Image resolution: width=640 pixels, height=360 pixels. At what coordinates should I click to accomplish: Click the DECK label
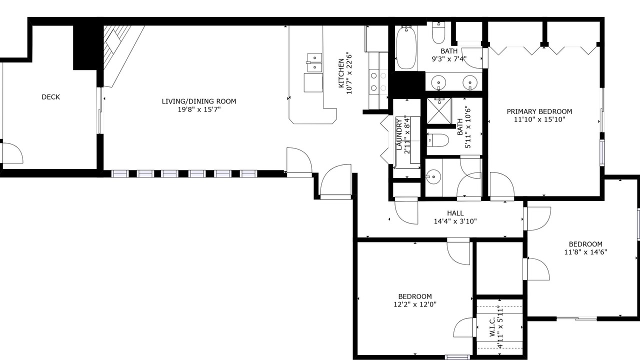tap(51, 97)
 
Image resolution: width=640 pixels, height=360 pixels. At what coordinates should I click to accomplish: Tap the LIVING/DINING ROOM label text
tap(199, 101)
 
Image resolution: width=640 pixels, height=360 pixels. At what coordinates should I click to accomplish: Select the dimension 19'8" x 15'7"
tap(199, 109)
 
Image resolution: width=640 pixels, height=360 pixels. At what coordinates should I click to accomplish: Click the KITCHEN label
tap(341, 73)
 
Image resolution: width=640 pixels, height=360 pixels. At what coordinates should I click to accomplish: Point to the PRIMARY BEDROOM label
tap(539, 111)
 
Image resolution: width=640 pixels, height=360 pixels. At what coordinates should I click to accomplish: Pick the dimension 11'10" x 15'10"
tap(539, 119)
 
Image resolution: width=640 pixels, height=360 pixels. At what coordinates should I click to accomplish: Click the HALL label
tap(455, 213)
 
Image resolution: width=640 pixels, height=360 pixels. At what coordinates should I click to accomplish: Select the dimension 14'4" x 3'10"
tap(455, 221)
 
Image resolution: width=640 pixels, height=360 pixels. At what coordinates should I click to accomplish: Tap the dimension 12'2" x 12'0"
tap(415, 304)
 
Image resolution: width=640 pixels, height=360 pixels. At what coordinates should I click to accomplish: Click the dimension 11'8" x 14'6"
tap(585, 252)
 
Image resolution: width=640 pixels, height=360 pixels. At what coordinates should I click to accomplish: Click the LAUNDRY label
tap(399, 134)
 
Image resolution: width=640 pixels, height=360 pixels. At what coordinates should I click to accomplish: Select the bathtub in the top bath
tap(406, 47)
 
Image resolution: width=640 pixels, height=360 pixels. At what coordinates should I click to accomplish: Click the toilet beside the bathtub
tap(438, 32)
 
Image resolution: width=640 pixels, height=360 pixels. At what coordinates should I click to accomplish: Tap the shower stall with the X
tap(439, 111)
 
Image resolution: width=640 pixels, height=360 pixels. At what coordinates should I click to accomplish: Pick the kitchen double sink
tap(314, 62)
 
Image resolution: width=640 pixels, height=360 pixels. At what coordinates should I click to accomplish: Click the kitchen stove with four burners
tap(378, 81)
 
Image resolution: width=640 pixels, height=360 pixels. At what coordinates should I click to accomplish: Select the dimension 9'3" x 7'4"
tap(449, 59)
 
